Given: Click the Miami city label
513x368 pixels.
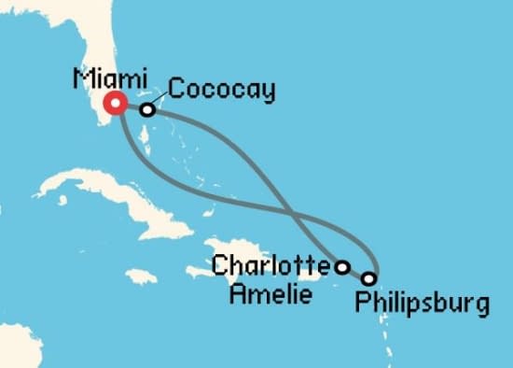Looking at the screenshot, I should tap(104, 79).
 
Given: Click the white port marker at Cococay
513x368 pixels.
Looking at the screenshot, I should tap(146, 110).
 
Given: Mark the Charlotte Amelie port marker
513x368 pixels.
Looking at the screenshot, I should tap(342, 267).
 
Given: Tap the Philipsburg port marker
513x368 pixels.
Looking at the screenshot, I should tap(369, 278).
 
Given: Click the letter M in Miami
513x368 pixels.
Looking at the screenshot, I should tap(80, 79).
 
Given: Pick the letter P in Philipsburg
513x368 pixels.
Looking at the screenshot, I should tap(360, 304).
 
